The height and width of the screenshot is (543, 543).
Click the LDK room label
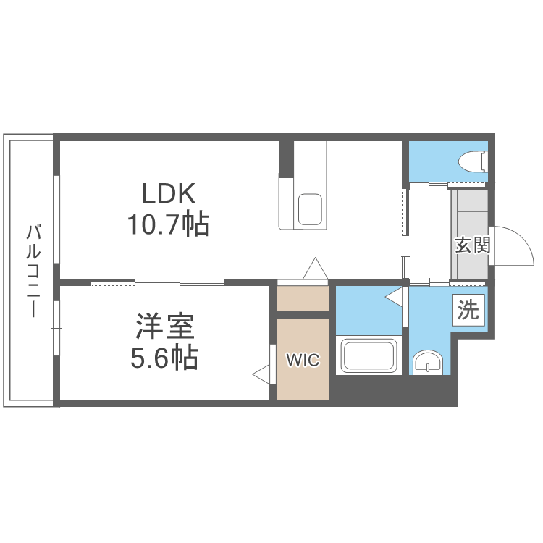tap(168, 194)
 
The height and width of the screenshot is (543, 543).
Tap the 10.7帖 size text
tap(168, 225)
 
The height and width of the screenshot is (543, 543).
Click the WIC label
tap(302, 360)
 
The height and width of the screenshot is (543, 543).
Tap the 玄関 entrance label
tap(472, 245)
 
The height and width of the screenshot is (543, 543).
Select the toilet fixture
tap(475, 161)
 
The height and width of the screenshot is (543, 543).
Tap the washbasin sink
tap(429, 362)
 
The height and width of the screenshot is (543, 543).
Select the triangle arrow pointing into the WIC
tap(261, 374)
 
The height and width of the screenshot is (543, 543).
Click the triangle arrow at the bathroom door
tap(393, 296)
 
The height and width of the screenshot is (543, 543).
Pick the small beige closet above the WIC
tap(303, 299)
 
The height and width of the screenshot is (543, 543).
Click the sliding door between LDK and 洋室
tap(158, 282)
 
